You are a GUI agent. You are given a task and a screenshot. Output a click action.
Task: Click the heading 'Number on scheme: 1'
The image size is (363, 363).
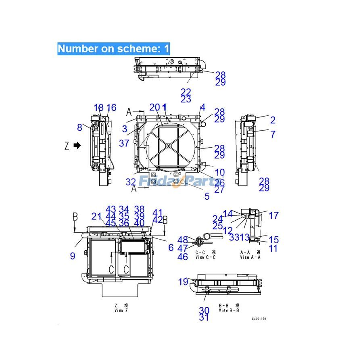click(113, 49)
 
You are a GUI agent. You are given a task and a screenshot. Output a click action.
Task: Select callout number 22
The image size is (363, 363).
click(186, 92)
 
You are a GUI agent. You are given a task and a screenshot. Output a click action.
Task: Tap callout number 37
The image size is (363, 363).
click(124, 143)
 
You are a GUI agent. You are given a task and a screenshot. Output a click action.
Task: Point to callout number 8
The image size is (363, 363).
click(80, 127)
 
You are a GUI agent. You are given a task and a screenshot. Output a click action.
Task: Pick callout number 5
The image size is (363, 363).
click(207, 196)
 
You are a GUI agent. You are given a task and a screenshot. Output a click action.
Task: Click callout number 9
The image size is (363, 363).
click(73, 256)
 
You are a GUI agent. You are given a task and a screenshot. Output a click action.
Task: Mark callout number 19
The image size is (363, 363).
click(183, 282)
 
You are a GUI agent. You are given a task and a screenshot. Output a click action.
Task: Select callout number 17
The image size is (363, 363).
click(273, 216)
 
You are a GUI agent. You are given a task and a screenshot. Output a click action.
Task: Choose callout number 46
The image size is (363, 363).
click(183, 257)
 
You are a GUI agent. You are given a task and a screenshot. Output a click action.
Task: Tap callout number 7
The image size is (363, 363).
click(273, 134)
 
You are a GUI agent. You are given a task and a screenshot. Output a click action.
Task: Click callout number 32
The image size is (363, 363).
click(131, 182)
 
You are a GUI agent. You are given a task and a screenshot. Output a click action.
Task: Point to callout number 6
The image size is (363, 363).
click(171, 247)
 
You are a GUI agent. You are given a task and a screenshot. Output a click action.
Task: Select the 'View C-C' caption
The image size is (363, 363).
click(206, 257)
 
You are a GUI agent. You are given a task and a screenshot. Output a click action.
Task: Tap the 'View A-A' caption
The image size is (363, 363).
click(250, 257)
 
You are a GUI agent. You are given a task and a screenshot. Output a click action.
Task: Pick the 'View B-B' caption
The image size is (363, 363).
click(229, 310)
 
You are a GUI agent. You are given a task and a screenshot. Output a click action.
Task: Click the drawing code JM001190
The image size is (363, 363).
click(259, 319)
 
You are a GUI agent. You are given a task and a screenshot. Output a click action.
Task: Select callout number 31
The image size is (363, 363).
click(204, 317)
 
